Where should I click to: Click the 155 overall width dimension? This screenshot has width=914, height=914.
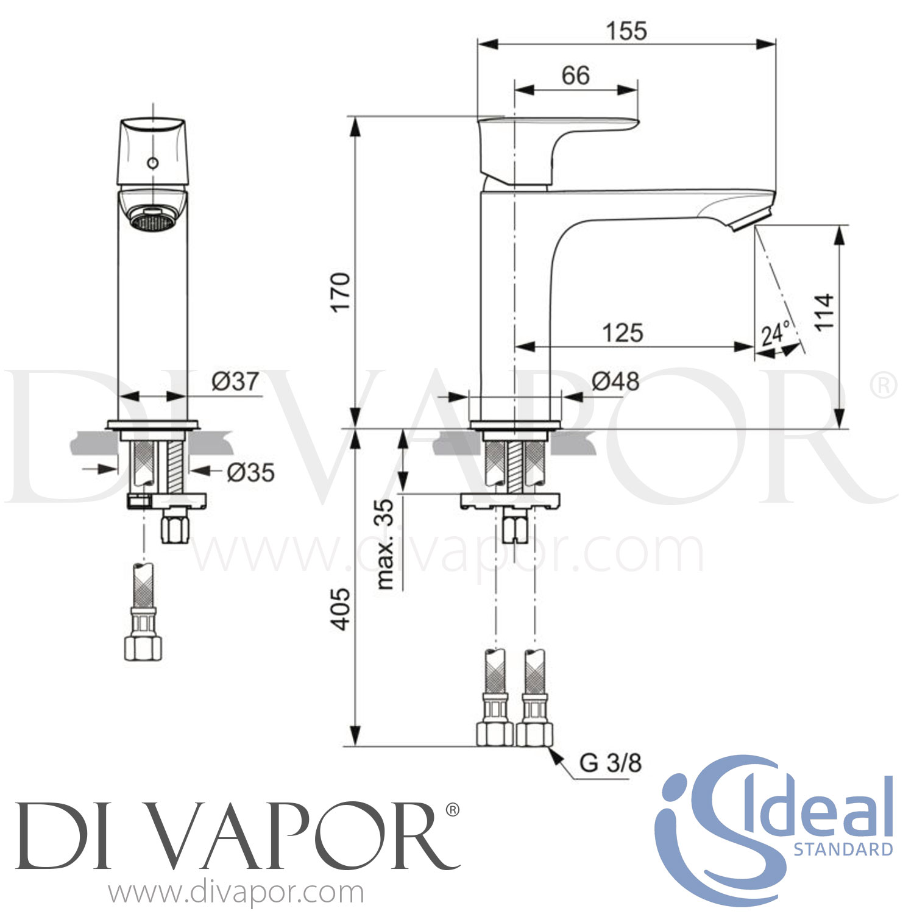(626, 30)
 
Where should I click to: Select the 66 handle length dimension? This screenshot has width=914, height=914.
(576, 76)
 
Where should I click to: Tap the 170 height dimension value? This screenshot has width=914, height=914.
(341, 292)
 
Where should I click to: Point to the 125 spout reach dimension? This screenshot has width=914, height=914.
(622, 333)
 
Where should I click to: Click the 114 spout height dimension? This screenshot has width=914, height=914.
(824, 312)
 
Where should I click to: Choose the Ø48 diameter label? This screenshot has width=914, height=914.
(615, 382)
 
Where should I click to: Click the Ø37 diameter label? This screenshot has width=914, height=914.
(235, 381)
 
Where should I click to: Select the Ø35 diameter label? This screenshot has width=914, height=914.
(250, 472)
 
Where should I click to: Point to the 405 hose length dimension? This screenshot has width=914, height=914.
(341, 609)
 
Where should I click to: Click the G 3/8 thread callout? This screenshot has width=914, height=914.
(610, 763)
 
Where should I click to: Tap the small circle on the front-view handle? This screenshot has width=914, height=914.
(153, 163)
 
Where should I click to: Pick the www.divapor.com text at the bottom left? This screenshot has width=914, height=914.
(236, 893)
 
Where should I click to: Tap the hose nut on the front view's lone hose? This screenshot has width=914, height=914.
(144, 647)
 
